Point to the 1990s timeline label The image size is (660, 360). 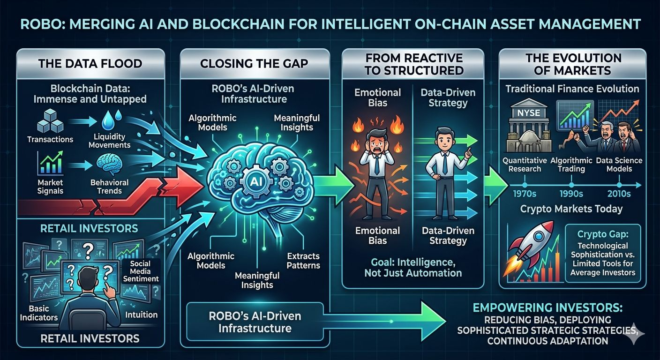coord(571,193)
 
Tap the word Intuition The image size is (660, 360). coord(142,315)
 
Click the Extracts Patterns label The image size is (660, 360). coord(303,261)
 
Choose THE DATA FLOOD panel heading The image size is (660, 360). coord(90,63)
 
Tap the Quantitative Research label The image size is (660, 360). coord(524,165)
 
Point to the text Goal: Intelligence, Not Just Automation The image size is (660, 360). coord(412,267)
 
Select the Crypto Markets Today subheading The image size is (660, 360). coord(572,210)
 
